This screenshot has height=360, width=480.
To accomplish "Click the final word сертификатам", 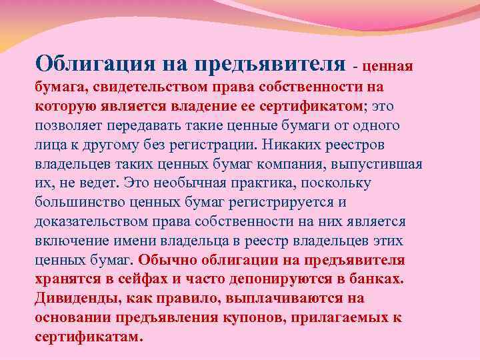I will pyautogui.click(x=88, y=337).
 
